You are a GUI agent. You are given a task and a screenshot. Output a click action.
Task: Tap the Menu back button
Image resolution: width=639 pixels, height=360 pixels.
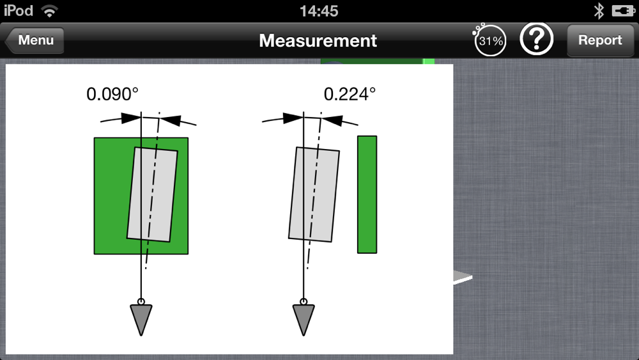click(35, 40)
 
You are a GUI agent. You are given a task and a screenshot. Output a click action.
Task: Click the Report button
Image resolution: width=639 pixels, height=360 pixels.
click(600, 40)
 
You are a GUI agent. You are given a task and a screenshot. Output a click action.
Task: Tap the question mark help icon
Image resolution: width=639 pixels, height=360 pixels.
click(536, 39)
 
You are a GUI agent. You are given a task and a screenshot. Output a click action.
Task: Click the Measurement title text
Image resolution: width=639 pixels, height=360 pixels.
click(318, 40)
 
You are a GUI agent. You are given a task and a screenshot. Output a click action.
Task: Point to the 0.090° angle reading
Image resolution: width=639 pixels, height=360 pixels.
click(112, 94)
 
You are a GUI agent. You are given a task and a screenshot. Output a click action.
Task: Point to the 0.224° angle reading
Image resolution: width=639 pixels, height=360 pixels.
click(350, 94)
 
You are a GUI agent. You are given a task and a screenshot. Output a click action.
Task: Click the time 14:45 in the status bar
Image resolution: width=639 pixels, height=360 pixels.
click(319, 11)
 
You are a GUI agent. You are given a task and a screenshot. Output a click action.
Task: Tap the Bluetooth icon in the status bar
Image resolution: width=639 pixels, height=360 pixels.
click(599, 11)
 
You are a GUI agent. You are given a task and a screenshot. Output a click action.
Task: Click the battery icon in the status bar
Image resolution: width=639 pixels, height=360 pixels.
click(623, 11)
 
